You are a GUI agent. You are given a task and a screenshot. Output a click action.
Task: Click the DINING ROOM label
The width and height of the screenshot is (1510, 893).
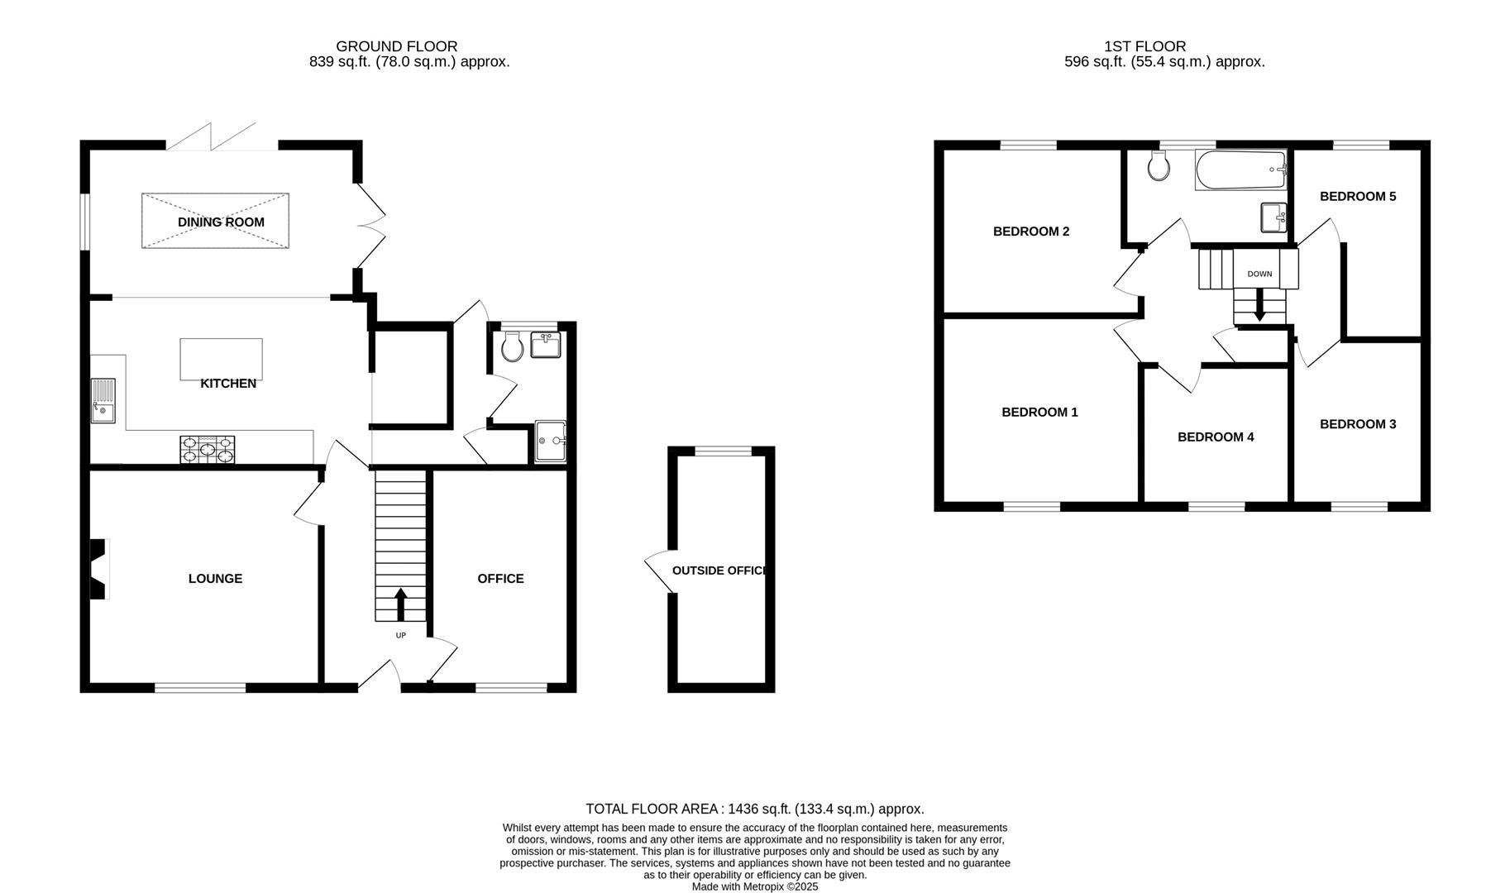(x=221, y=222)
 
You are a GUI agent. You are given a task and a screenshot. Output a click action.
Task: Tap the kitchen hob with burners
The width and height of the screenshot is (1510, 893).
(x=207, y=449)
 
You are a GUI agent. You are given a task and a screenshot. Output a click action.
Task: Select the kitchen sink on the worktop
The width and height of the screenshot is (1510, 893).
(x=103, y=400)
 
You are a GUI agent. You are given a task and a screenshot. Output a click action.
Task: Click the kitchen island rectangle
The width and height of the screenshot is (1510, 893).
(x=221, y=359)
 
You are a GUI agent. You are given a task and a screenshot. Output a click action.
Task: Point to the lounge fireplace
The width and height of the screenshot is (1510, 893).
(x=98, y=569)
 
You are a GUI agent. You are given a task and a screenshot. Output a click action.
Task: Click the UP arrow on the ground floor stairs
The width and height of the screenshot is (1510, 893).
(x=401, y=604)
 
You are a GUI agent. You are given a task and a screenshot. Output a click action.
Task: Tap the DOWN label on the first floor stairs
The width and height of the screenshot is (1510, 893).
(x=1259, y=274)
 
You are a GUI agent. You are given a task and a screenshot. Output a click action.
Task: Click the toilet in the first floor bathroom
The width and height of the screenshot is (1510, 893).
(x=1159, y=166)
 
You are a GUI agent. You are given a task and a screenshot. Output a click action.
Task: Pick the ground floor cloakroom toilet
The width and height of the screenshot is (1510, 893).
(x=512, y=346)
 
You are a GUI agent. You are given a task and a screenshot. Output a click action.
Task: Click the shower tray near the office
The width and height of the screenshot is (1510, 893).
(x=550, y=442)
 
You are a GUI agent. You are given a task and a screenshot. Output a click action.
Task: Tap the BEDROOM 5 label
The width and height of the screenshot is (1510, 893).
(x=1357, y=196)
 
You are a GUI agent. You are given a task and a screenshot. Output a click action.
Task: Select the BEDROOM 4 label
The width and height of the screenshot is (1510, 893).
(x=1215, y=437)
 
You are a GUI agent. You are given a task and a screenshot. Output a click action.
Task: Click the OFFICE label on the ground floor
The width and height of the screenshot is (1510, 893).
(x=500, y=578)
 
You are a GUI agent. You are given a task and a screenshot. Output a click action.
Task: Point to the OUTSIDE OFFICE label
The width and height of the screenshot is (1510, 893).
(x=719, y=571)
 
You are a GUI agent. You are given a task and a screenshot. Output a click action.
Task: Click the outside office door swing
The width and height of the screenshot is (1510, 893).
(x=658, y=571)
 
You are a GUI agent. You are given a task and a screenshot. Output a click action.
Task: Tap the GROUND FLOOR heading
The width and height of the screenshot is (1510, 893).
(x=396, y=46)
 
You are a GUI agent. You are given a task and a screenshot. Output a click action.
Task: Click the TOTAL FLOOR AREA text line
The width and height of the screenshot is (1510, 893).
(x=754, y=809)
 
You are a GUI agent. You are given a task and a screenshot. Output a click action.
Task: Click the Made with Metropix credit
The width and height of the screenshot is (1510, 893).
(x=754, y=886)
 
